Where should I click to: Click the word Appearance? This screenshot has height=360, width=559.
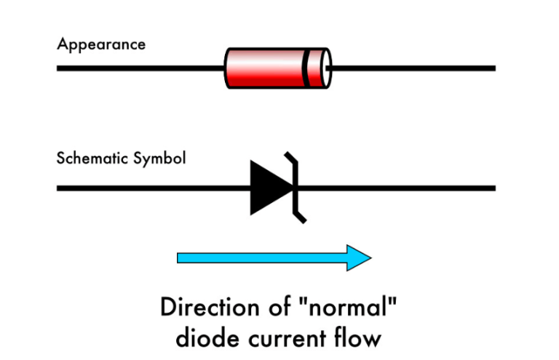tap(101, 44)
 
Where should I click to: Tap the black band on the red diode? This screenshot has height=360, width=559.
tap(305, 68)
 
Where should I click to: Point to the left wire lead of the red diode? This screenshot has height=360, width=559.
tap(138, 68)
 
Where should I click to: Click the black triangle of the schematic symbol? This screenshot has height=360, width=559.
tap(268, 188)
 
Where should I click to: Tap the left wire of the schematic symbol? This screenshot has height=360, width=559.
tap(153, 188)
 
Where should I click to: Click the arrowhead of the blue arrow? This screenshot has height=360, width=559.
tap(360, 257)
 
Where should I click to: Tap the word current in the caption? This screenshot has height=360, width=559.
tap(293, 338)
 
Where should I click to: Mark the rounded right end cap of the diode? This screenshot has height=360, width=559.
tap(325, 68)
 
